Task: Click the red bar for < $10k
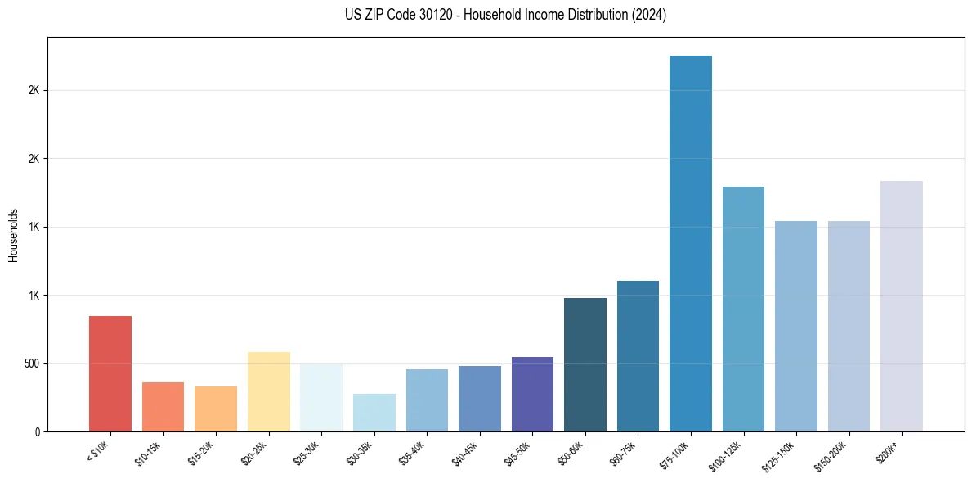110,373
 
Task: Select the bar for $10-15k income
163,407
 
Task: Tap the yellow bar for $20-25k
268,391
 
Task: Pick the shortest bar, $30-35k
374,413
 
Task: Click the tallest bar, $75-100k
690,243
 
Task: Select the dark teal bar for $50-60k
585,364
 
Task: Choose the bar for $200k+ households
901,306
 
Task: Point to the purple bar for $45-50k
532,394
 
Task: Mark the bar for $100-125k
743,309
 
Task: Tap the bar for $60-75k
638,356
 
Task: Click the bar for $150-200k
849,326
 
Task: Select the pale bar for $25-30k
321,397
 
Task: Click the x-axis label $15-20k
203,451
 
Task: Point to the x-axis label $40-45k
466,451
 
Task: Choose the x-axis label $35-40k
414,451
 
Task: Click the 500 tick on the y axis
32,363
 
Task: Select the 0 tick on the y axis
38,431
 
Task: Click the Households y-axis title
13,234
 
